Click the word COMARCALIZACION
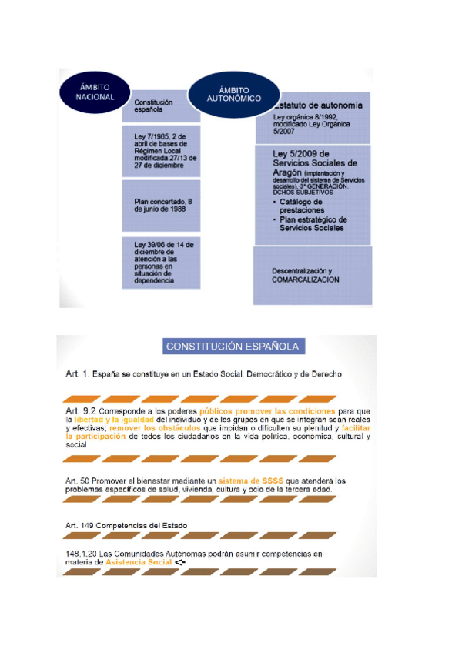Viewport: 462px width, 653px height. tap(305, 280)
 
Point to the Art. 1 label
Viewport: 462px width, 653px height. tap(76, 374)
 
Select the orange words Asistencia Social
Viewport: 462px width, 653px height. tap(139, 563)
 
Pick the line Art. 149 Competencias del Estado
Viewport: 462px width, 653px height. tap(126, 525)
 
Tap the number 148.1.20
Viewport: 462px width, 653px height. tap(82, 554)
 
